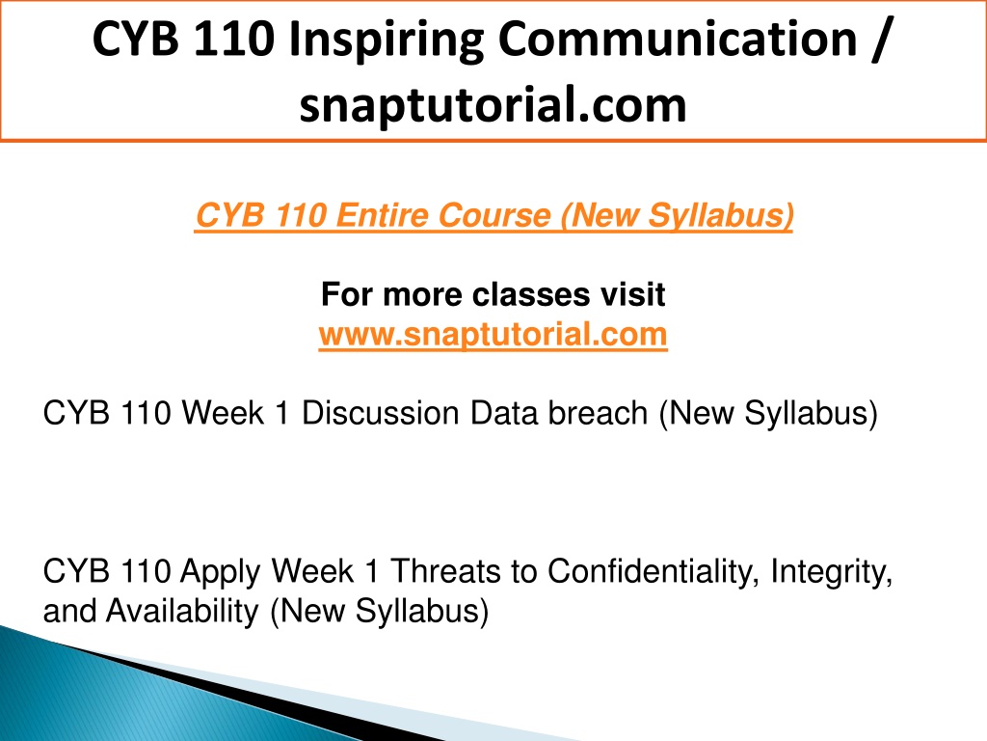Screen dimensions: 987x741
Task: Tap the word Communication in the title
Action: click(678, 39)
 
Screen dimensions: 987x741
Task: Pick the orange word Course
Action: click(494, 215)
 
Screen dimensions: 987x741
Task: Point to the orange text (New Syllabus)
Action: click(677, 216)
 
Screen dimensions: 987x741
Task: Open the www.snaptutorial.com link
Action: click(493, 334)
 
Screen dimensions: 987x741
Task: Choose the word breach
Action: click(598, 413)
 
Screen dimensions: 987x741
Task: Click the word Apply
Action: click(221, 572)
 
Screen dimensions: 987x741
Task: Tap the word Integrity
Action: click(832, 572)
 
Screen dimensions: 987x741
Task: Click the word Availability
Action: click(182, 612)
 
